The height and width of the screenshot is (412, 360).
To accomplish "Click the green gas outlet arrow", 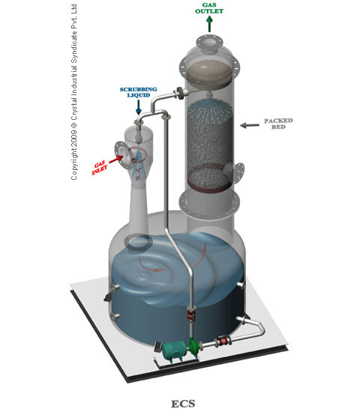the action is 209,24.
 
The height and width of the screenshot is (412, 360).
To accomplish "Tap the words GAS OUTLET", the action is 209,8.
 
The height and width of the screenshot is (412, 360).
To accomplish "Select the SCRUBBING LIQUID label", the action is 139,92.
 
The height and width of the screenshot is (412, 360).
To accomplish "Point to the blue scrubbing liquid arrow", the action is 139,108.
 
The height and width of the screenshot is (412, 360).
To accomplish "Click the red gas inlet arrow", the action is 116,159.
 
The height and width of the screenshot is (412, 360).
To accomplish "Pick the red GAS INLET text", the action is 100,168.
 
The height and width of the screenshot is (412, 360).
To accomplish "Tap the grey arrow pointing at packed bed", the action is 250,125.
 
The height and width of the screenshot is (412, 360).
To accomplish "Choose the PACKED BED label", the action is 278,124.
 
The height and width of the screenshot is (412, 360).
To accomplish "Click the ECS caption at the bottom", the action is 183,404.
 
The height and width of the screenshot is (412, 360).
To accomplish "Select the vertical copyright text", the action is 74,92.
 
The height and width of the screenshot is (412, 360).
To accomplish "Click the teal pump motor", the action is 173,351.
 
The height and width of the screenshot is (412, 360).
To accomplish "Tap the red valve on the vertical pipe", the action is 190,314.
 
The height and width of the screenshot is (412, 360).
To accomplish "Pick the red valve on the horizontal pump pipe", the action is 223,342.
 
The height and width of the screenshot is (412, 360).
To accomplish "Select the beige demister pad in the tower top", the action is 209,71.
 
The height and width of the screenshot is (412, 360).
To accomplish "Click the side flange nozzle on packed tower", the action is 235,172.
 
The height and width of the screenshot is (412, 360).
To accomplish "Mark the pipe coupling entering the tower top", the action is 180,93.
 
